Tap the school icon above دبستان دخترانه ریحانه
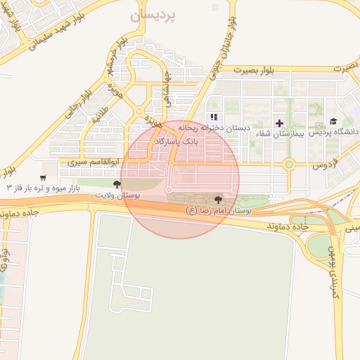(214, 117)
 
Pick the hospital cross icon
(279, 122)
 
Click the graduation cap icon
(333, 121)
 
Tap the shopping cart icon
(44, 178)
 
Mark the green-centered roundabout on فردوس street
(288, 165)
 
